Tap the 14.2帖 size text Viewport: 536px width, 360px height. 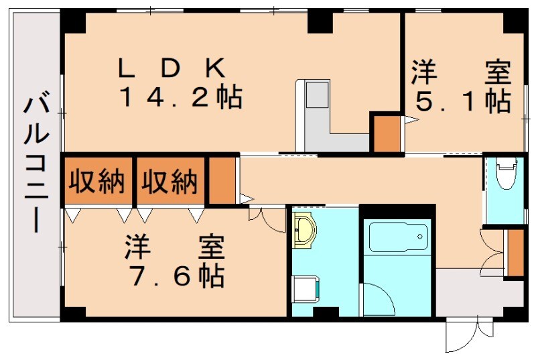[180, 99]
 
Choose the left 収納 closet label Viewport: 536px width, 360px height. [98, 181]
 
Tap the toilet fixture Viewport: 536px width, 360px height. [505, 174]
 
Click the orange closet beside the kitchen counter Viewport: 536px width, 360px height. [386, 133]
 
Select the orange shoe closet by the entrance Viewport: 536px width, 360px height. [515, 252]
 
